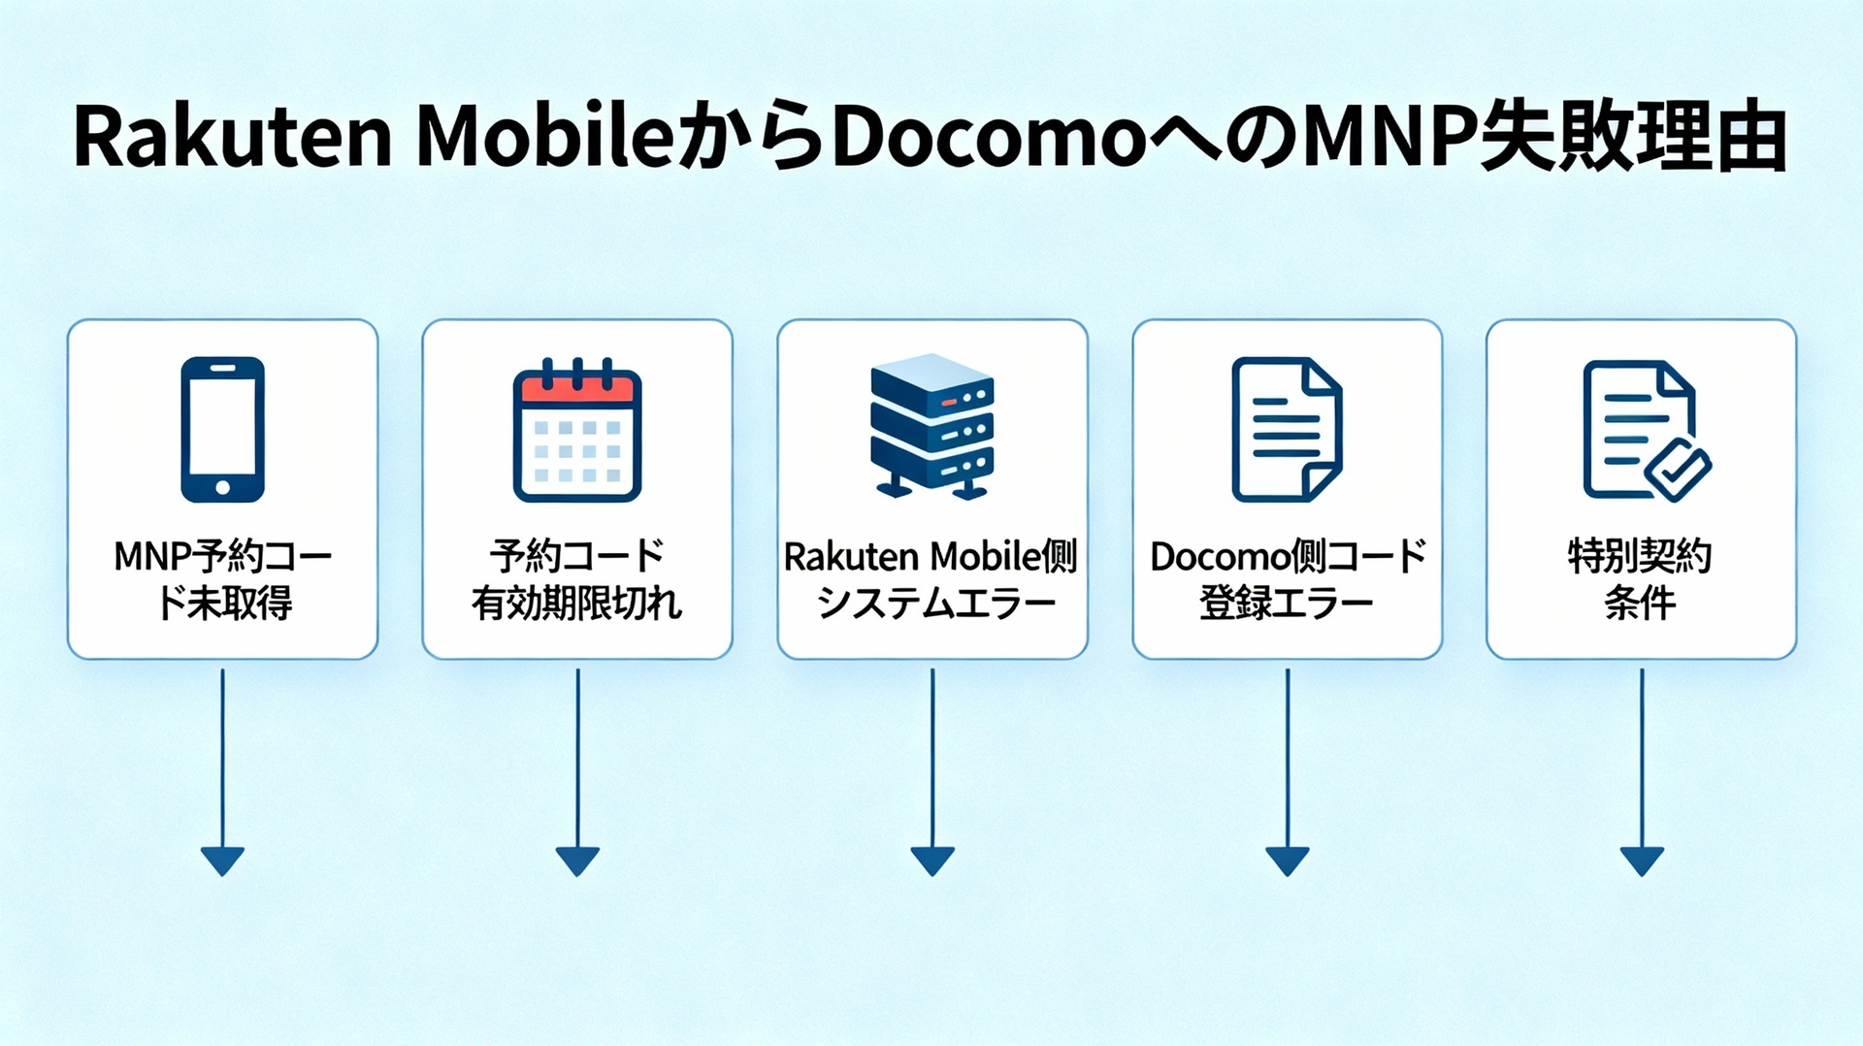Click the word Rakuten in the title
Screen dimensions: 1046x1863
[233, 139]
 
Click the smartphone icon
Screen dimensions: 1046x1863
[222, 429]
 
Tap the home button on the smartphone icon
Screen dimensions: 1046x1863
[222, 487]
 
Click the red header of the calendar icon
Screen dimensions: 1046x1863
[577, 389]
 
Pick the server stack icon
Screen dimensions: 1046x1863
[932, 427]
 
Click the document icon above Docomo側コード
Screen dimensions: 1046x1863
[1287, 429]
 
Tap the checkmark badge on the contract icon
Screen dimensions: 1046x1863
[1678, 469]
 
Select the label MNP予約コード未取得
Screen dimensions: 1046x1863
[222, 579]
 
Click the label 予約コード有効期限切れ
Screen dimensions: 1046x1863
[577, 579]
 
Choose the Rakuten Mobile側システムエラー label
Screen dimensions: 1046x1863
[931, 579]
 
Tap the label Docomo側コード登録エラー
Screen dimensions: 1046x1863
[1288, 579]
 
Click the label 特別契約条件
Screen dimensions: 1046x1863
[1641, 579]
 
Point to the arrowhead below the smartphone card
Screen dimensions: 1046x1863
[222, 860]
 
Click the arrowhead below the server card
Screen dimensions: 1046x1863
[932, 860]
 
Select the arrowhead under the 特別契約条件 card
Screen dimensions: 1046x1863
[1642, 860]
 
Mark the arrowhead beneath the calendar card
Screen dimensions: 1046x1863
[577, 860]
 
